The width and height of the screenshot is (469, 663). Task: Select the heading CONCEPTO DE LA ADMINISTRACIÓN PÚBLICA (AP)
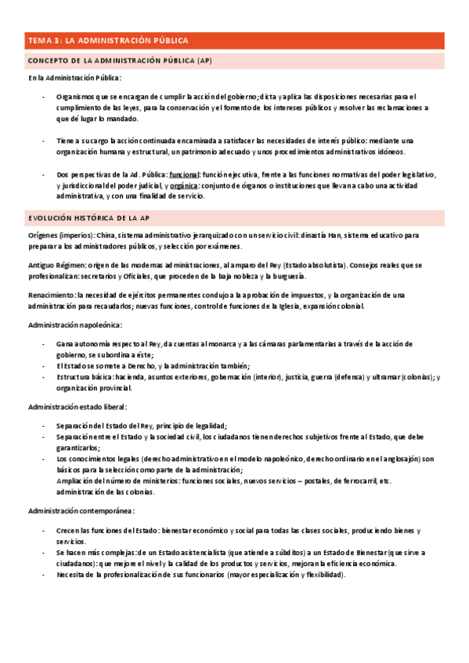[119, 60]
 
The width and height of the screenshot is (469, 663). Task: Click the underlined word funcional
[184, 174]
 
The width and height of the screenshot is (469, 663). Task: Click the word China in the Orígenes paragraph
[108, 234]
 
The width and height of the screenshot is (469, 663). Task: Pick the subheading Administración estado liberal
[77, 407]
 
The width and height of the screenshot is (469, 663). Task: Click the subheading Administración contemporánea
[81, 511]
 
